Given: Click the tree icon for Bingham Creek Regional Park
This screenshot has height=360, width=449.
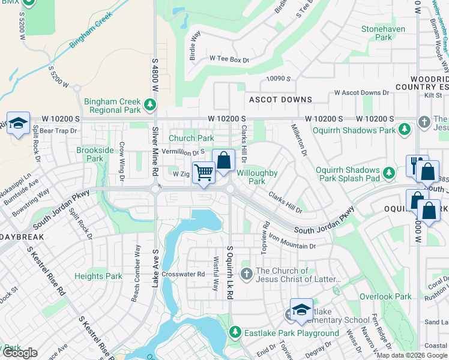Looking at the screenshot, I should (x=149, y=106).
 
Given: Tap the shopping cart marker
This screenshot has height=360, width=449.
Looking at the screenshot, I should (x=203, y=173).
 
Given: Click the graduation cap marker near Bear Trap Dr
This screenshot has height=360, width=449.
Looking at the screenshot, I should (x=19, y=124).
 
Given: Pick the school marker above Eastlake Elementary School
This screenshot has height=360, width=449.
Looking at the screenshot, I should (x=301, y=310).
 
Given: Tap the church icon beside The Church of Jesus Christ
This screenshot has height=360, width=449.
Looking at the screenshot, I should (x=246, y=275).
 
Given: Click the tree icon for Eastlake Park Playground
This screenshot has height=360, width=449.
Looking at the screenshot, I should (x=235, y=332).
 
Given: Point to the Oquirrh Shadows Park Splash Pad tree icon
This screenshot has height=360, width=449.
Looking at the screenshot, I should (x=389, y=173).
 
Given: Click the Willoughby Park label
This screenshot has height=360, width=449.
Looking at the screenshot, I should (x=257, y=177).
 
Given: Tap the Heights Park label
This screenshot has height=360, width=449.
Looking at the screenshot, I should (x=98, y=277).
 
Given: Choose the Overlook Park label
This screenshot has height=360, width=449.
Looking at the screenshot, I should (x=385, y=296).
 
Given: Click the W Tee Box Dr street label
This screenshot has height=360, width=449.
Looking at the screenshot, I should (x=229, y=59).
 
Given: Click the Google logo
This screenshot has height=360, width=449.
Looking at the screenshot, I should (x=20, y=353).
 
